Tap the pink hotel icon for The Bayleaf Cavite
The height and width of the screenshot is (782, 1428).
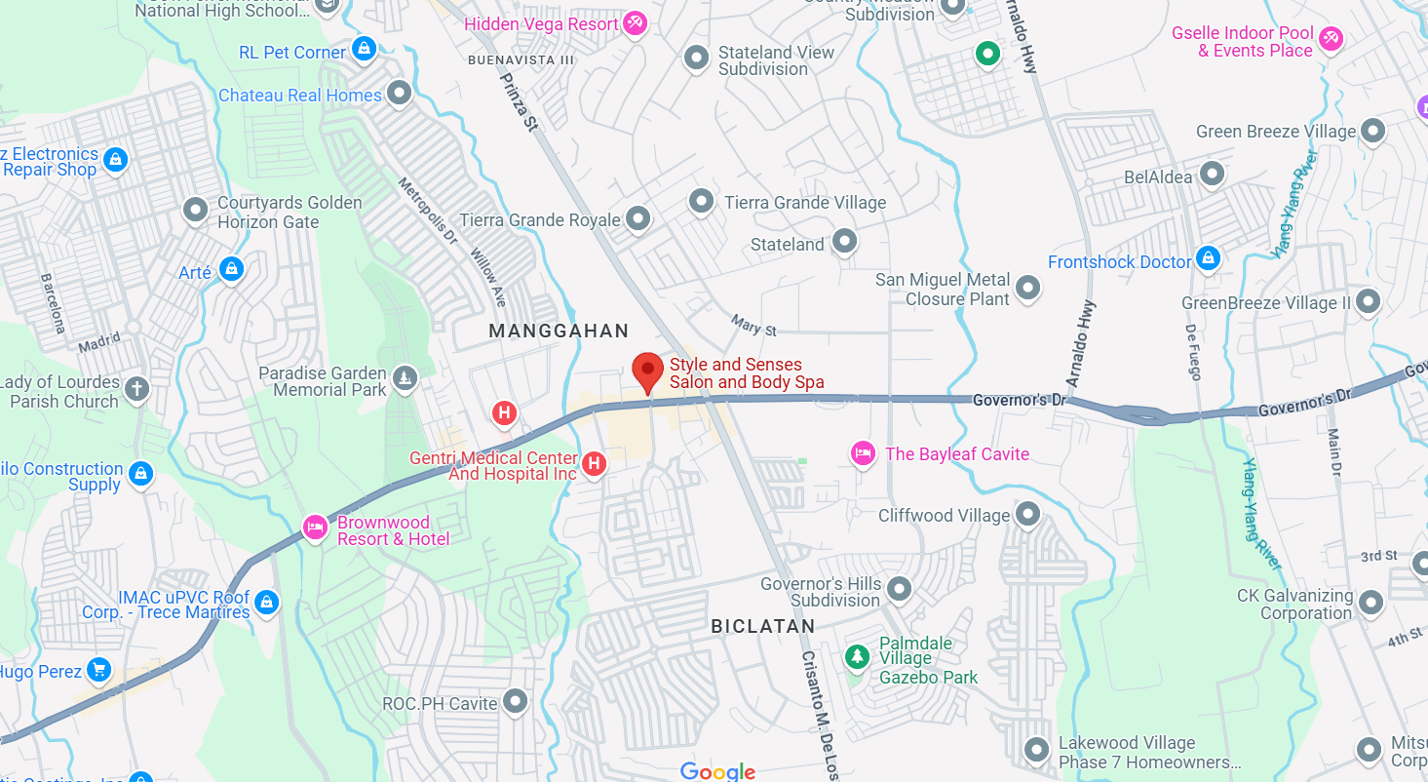coord(862,453)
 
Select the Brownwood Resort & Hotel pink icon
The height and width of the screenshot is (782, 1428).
coord(315,528)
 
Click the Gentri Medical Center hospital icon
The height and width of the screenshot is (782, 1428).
coord(594,464)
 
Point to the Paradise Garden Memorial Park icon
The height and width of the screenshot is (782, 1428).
coord(405,376)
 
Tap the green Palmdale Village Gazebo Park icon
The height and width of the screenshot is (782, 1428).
coord(857,656)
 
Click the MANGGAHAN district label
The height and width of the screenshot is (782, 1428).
coord(559,332)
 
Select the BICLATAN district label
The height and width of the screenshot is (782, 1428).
coord(762,626)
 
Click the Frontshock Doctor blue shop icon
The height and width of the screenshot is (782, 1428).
coord(1208,258)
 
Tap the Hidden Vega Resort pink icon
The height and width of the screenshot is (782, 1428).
coord(635,22)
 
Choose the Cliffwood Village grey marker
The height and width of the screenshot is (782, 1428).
coord(1027,513)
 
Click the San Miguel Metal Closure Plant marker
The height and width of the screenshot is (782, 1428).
coord(1027,288)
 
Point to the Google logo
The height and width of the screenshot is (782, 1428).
coord(718,771)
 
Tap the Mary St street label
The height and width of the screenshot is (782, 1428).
coord(754,325)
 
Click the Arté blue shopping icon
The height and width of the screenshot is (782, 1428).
coord(231,269)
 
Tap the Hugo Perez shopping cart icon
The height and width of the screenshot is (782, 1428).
coord(98,670)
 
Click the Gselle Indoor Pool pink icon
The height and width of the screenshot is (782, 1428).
coord(1331,39)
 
